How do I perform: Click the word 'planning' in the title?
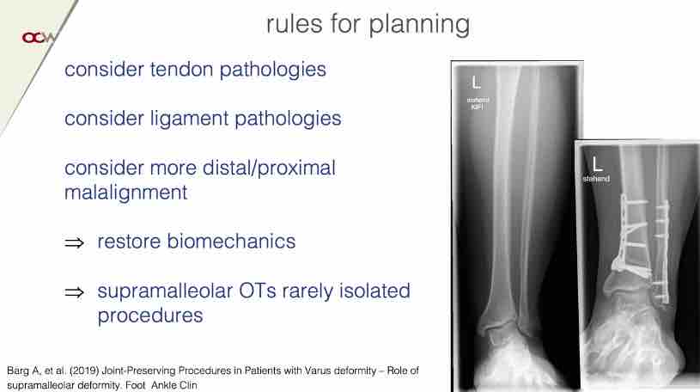[x=419, y=25]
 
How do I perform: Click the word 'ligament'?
[x=190, y=119]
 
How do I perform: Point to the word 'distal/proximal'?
[x=269, y=169]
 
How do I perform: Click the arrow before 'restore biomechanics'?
[x=74, y=242]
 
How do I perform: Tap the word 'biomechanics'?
[x=231, y=242]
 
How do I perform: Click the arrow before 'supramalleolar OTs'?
[x=74, y=292]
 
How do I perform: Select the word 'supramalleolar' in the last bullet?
[x=165, y=292]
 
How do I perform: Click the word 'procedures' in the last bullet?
[x=150, y=316]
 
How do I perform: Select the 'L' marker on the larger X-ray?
[x=477, y=83]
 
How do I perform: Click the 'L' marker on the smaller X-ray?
[x=597, y=163]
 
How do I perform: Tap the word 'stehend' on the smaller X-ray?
[x=596, y=179]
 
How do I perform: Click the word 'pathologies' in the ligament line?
[x=288, y=119]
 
